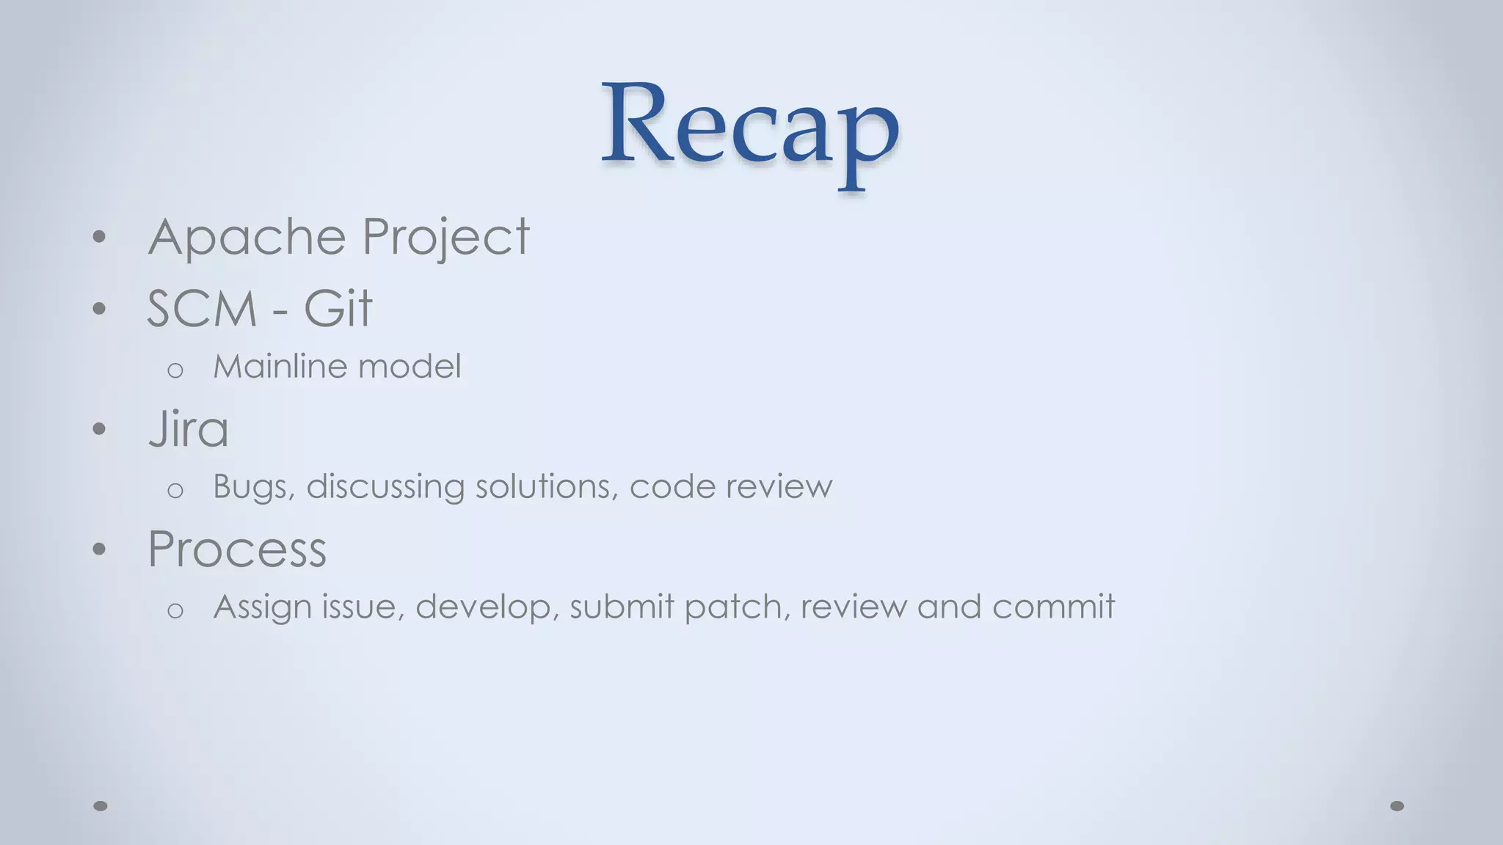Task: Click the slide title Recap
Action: tap(750, 125)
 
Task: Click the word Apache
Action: tap(247, 237)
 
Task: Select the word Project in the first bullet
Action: tap(445, 237)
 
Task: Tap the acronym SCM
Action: tap(202, 309)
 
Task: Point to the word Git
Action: tap(338, 309)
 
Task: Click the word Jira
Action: tap(189, 429)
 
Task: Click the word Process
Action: tap(237, 549)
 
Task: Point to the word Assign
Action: tap(261, 607)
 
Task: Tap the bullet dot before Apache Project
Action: tap(100, 237)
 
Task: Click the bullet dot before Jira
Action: tap(100, 429)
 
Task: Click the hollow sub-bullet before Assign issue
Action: tap(175, 610)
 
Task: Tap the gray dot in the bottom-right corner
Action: tap(1397, 806)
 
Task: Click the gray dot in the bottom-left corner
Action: tap(101, 806)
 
